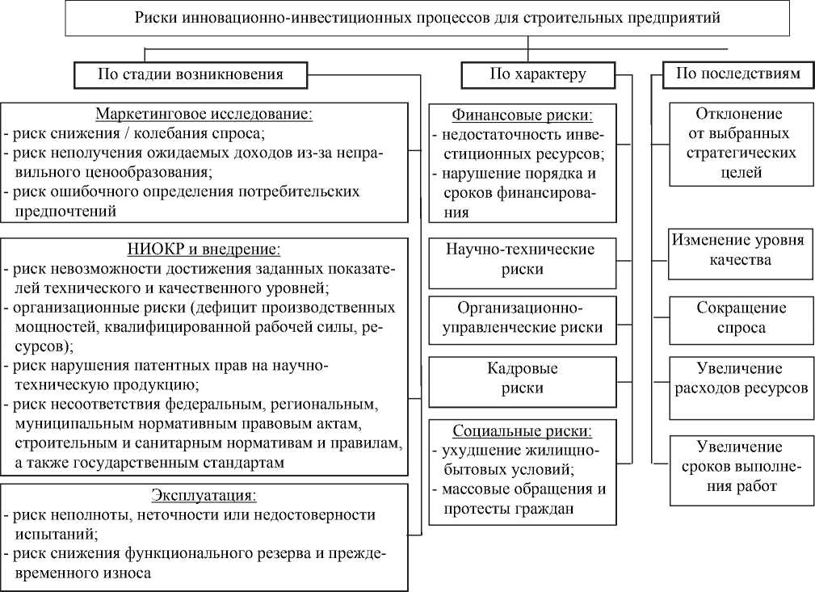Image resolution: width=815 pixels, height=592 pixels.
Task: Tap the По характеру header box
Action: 537,75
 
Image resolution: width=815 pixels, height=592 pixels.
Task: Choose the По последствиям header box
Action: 737,74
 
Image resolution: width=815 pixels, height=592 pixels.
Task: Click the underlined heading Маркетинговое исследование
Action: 204,114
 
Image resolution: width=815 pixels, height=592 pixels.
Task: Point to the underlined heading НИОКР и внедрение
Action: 204,250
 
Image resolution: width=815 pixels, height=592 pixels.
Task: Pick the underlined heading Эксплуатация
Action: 204,495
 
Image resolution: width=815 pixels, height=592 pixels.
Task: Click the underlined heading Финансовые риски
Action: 522,115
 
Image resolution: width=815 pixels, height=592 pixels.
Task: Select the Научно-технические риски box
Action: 522,259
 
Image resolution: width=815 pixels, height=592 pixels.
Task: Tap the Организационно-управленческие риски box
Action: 522,317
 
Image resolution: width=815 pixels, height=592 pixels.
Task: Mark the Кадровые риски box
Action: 522,378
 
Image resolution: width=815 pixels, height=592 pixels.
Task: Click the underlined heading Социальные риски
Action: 522,430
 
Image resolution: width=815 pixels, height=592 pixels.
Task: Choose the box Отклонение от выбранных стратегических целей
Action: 739,143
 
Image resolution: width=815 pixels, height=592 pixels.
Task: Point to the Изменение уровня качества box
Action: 739,250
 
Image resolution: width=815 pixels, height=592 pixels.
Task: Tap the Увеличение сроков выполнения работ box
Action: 739,467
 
